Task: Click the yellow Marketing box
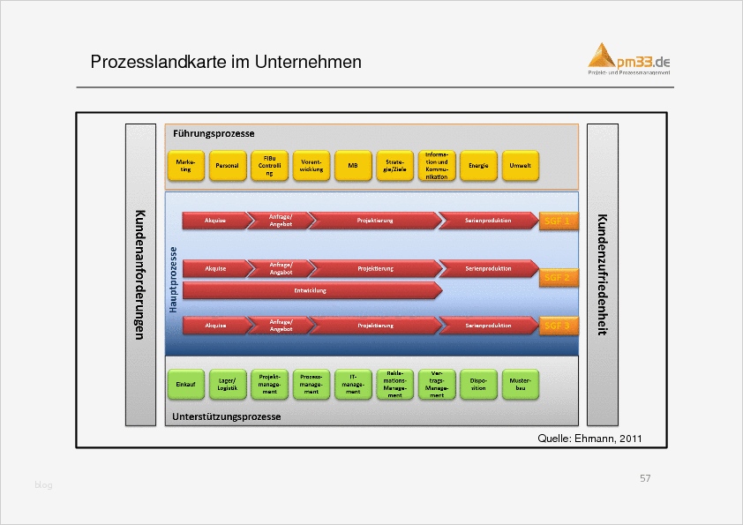[x=185, y=165]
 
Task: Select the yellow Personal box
[x=227, y=165]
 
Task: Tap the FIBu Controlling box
[x=269, y=165]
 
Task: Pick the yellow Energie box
[x=478, y=165]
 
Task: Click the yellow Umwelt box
[x=520, y=165]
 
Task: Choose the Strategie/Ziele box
[x=394, y=165]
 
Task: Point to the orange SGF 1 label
[x=557, y=221]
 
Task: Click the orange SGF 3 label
[x=557, y=326]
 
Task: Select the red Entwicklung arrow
[x=311, y=290]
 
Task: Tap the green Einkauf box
[x=185, y=385]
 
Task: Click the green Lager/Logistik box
[x=227, y=385]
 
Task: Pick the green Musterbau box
[x=520, y=385]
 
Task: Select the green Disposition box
[x=478, y=385]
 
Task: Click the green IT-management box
[x=353, y=385]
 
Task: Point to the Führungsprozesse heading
[x=214, y=133]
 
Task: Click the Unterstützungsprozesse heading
[x=227, y=416]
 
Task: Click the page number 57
[x=645, y=478]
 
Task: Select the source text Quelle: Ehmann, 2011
[x=589, y=438]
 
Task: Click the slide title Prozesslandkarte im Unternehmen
[x=226, y=63]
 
